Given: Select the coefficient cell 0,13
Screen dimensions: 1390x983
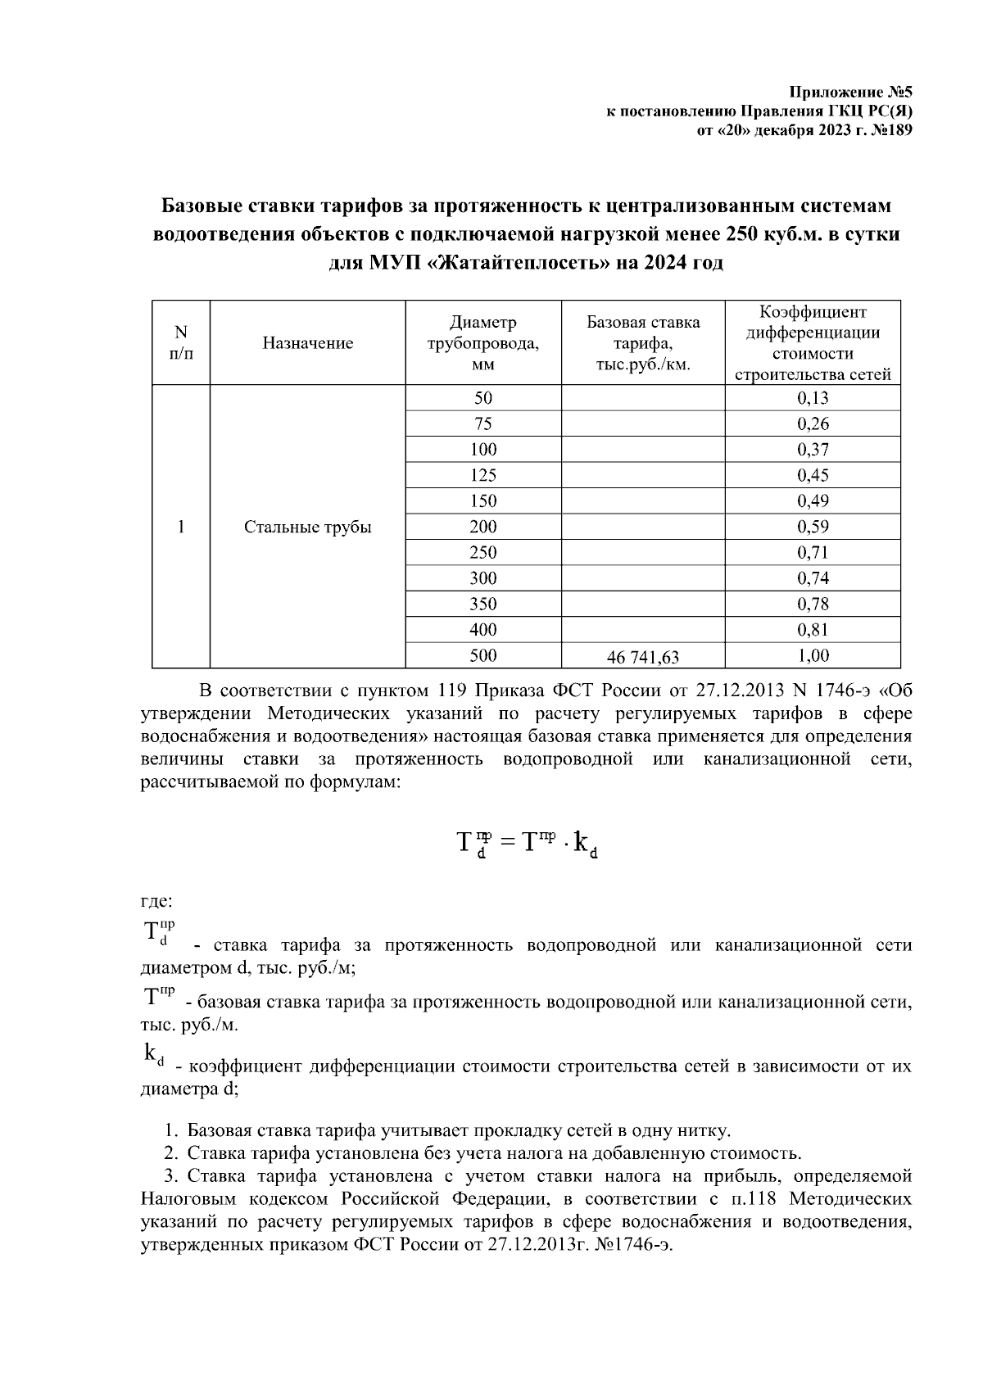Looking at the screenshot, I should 813,399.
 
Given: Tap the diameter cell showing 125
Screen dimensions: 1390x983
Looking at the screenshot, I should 483,476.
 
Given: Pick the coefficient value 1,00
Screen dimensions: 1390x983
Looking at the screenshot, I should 813,655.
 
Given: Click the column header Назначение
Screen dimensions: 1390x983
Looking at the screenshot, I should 308,343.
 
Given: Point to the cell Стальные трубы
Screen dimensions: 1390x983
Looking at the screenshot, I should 308,527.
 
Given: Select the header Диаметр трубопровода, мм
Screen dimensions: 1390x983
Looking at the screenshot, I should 483,343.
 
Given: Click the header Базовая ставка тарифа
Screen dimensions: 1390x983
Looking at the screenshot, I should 643,343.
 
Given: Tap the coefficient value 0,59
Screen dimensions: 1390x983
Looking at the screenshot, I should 813,527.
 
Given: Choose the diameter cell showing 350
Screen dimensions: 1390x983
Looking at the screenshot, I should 483,604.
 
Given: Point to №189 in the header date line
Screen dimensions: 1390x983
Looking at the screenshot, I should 883,129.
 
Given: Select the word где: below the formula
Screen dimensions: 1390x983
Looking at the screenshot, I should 156,901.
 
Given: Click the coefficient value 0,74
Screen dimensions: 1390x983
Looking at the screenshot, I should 813,579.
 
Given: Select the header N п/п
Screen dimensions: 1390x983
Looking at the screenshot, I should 181,343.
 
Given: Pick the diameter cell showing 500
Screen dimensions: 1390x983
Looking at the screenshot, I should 483,655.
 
